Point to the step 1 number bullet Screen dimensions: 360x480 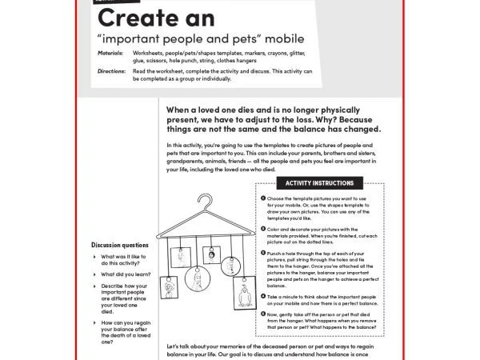click(263, 197)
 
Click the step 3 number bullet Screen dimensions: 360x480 click(263, 253)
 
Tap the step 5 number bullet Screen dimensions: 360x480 click(263, 315)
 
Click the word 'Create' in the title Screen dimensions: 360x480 click(144, 18)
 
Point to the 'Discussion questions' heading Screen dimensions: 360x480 click(119, 245)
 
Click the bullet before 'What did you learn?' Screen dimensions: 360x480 click(94, 274)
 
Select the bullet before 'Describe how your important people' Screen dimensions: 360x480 click(94, 286)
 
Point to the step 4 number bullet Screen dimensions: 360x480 click(263, 296)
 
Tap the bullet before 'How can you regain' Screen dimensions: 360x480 click(94, 323)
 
